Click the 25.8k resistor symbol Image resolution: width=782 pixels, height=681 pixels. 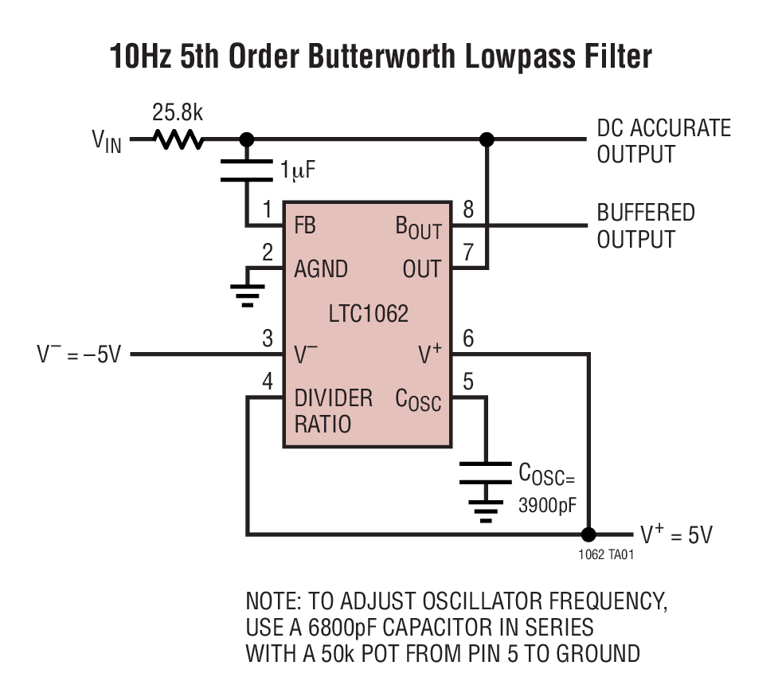(179, 139)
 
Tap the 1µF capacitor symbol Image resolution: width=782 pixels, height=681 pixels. (247, 170)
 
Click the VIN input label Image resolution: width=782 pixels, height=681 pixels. (107, 142)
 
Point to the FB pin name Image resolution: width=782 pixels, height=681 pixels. (305, 225)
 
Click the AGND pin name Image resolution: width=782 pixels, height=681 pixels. (321, 268)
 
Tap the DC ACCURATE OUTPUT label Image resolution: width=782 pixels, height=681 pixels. (663, 141)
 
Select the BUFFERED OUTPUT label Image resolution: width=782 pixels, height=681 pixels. (646, 226)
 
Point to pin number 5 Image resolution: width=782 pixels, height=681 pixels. (468, 382)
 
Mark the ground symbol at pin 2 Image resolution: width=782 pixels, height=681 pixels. (248, 294)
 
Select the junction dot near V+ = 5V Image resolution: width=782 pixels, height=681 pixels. (589, 534)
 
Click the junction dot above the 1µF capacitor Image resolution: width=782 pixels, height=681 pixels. (247, 139)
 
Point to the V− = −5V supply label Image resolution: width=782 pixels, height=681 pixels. (79, 354)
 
